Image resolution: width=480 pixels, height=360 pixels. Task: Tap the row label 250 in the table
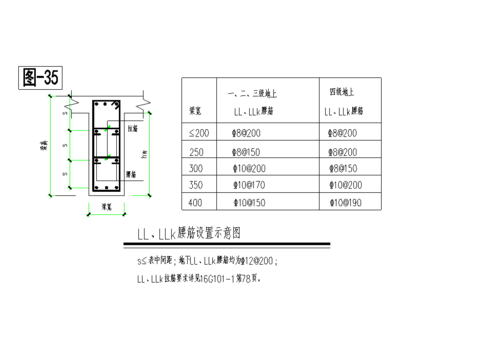(x=195, y=151)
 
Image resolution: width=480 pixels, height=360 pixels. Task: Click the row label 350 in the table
(x=195, y=186)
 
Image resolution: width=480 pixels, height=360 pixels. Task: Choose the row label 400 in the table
(x=195, y=204)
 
